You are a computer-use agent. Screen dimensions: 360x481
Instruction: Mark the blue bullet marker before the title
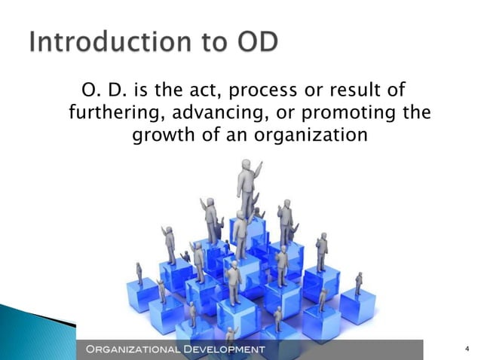point(16,43)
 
